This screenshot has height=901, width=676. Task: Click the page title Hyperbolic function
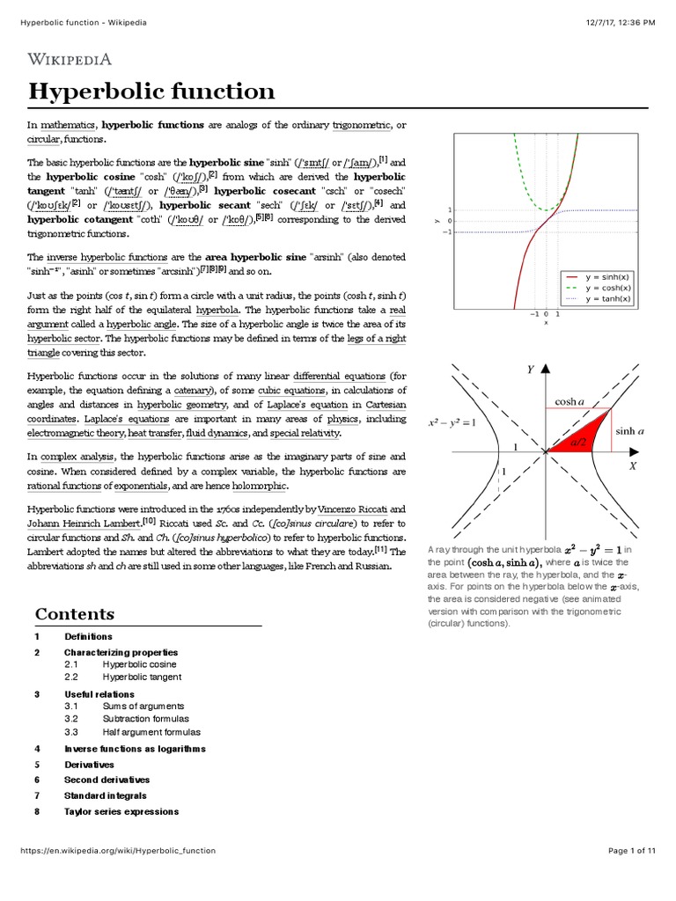pos(151,92)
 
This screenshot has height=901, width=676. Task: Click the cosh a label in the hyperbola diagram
pos(569,402)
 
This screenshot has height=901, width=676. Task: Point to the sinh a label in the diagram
pos(630,431)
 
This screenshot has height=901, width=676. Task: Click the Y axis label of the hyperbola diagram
pos(531,370)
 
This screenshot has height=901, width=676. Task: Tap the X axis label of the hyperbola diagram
pos(631,467)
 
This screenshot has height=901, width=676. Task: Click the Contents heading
pos(74,614)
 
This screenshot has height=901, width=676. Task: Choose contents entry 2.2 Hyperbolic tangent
pos(142,678)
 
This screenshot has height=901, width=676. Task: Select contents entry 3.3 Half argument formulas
pos(151,732)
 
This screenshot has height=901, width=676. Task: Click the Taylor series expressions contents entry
pos(121,811)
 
